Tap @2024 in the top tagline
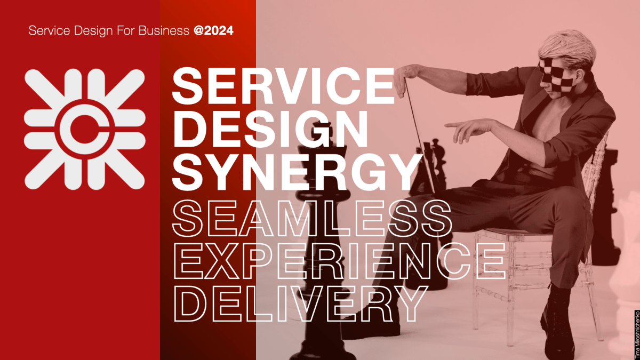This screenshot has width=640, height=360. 213,30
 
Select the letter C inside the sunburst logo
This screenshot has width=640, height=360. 85,129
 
